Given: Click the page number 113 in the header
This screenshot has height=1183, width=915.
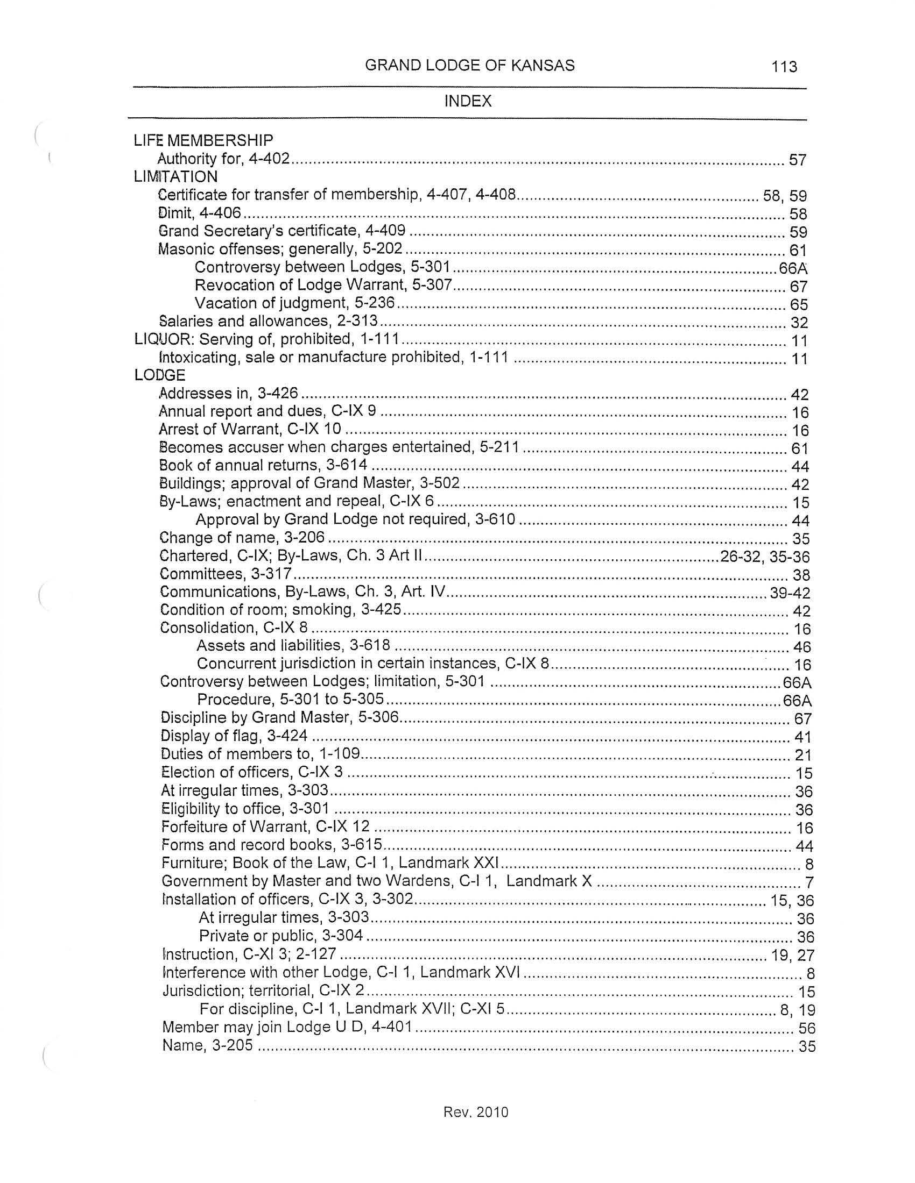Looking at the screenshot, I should pyautogui.click(x=784, y=67).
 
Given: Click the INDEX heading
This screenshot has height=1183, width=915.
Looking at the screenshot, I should pyautogui.click(x=467, y=101).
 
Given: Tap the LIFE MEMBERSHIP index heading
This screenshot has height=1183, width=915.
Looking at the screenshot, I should pyautogui.click(x=203, y=141).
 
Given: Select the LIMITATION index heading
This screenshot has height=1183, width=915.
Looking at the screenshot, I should pyautogui.click(x=175, y=176).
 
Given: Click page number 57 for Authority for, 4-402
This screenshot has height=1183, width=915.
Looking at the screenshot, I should pyautogui.click(x=797, y=160).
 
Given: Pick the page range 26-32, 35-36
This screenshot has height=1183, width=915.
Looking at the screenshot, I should pyautogui.click(x=764, y=557).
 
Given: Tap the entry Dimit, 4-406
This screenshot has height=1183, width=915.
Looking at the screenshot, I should pyautogui.click(x=199, y=213).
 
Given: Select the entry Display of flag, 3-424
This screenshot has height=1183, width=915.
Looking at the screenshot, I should pyautogui.click(x=234, y=736).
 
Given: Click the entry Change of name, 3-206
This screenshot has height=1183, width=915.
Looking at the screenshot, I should pyautogui.click(x=242, y=538).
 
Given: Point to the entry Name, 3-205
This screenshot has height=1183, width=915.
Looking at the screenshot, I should pyautogui.click(x=208, y=1045).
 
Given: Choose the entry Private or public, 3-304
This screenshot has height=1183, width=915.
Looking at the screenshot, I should pyautogui.click(x=281, y=936).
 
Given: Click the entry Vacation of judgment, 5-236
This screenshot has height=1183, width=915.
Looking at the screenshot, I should pyautogui.click(x=294, y=303).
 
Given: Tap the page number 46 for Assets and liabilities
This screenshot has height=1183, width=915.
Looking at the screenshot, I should pyautogui.click(x=802, y=647).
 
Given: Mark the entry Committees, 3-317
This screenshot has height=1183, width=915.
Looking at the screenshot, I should pyautogui.click(x=226, y=574).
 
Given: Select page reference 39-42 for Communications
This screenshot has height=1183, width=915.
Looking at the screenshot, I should pyautogui.click(x=790, y=593).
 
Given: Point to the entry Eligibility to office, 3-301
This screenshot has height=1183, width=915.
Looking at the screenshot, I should pyautogui.click(x=245, y=809).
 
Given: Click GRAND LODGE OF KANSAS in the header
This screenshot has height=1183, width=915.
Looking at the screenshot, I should pyautogui.click(x=469, y=66).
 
